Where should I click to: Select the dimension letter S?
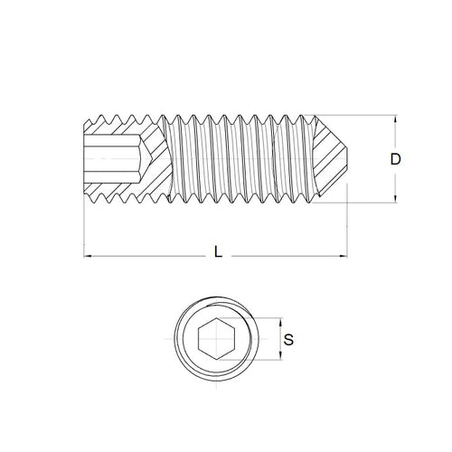pyautogui.click(x=288, y=341)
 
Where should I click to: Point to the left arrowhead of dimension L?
pyautogui.click(x=88, y=257)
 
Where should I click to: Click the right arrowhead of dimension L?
pyautogui.click(x=347, y=257)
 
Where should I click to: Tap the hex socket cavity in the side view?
pyautogui.click(x=113, y=160)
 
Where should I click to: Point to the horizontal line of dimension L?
pyautogui.click(x=154, y=257)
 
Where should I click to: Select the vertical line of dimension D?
pyautogui.click(x=395, y=181)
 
